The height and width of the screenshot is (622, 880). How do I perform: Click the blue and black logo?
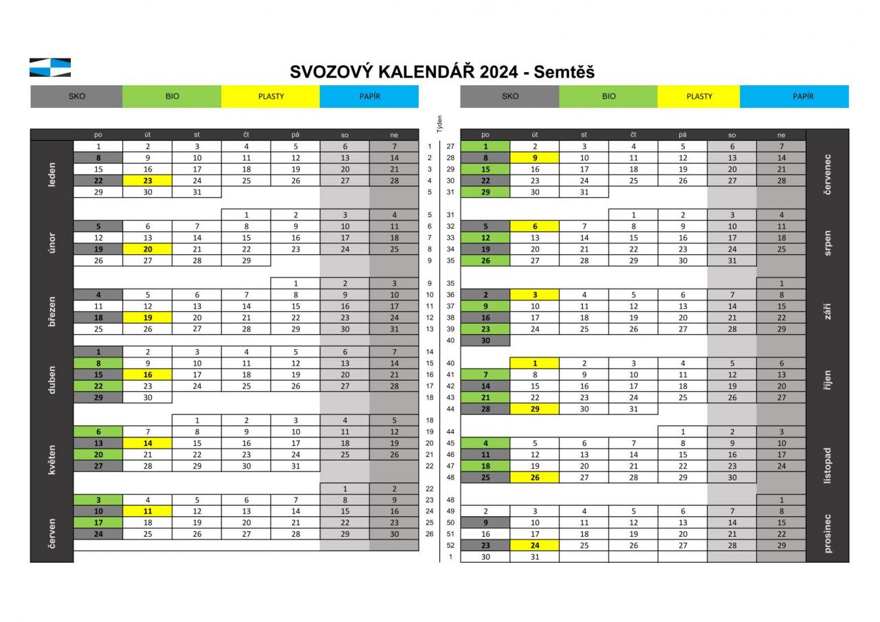[49, 67]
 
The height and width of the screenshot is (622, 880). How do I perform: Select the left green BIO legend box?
[172, 96]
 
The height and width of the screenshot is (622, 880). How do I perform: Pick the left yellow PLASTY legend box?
[270, 96]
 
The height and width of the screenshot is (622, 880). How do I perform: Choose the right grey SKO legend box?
[509, 96]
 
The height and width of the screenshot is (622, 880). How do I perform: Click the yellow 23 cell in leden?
[147, 181]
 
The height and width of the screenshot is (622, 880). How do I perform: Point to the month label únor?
[52, 243]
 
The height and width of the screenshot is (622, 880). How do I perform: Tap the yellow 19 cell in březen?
[147, 318]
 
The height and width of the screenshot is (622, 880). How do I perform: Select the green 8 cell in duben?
[98, 364]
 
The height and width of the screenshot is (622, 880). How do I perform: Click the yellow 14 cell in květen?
[147, 443]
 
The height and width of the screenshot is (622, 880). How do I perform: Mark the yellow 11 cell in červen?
[147, 511]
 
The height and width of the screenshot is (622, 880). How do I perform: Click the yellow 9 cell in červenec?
[534, 158]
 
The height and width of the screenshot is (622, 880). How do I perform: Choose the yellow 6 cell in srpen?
[534, 226]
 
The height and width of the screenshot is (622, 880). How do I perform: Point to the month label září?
[826, 311]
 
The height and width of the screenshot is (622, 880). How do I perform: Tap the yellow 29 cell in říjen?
[534, 409]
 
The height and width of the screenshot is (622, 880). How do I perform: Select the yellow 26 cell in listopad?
[534, 478]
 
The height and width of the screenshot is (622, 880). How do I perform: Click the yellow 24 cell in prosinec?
[534, 546]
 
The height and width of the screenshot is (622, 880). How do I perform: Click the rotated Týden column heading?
[439, 124]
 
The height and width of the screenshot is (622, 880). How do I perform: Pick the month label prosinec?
[826, 533]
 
